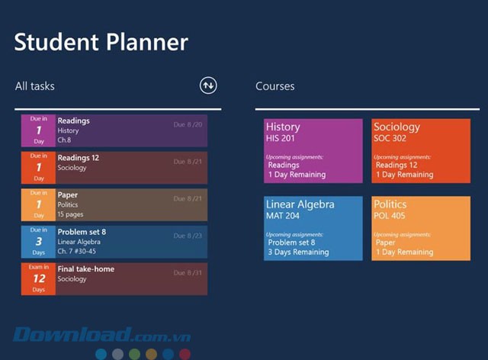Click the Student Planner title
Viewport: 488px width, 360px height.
(x=101, y=41)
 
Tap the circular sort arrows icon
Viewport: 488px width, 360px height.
(x=208, y=85)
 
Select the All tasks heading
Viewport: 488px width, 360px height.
(x=35, y=86)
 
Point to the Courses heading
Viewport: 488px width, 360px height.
(x=274, y=86)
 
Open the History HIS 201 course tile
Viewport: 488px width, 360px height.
(x=313, y=151)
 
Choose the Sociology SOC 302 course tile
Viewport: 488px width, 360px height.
(x=421, y=151)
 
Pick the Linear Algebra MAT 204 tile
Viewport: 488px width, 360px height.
(x=313, y=228)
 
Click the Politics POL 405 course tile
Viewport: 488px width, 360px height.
(x=421, y=228)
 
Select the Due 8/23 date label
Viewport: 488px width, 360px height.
(x=188, y=236)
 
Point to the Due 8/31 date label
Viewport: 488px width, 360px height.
(x=188, y=272)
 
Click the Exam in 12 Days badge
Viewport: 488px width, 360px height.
(x=38, y=279)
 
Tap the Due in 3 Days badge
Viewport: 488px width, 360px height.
(x=38, y=242)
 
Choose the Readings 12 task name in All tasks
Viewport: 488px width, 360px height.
(x=79, y=158)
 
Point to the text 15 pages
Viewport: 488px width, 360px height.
(x=72, y=214)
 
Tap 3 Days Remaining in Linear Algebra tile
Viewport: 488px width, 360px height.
(x=298, y=252)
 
